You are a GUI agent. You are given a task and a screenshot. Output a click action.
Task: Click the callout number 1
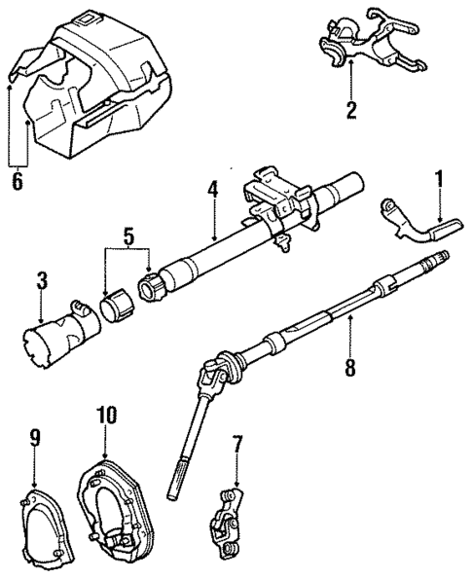(x=438, y=179)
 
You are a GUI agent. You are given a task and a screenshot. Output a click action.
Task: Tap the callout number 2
(x=350, y=109)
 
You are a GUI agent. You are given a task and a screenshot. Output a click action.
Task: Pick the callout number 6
(x=15, y=182)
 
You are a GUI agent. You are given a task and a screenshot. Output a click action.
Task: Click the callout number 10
(x=107, y=416)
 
